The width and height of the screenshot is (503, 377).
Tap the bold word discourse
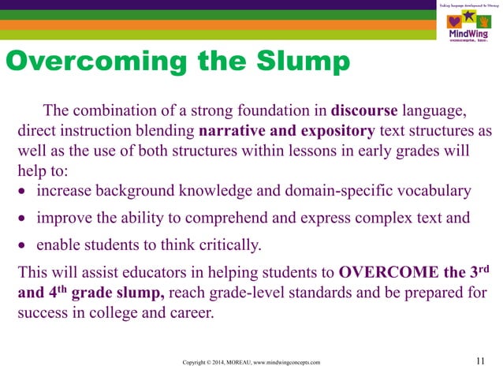click(x=366, y=109)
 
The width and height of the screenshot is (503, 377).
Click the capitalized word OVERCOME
click(x=386, y=274)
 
